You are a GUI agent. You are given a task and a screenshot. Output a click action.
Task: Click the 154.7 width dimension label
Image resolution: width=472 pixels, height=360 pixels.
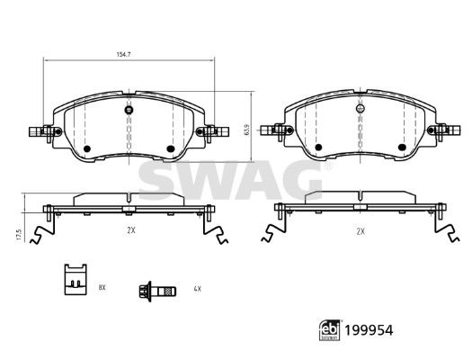coord(123,55)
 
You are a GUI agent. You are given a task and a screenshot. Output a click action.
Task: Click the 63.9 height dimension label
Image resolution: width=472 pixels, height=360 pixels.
coord(247,130)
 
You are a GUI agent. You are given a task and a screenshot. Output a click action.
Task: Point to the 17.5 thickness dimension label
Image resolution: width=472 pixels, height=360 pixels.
coord(20,234)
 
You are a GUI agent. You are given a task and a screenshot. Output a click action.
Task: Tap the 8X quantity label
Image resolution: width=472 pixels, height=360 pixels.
coord(102,287)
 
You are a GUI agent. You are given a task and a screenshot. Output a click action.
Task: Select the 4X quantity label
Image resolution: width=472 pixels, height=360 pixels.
coord(197,289)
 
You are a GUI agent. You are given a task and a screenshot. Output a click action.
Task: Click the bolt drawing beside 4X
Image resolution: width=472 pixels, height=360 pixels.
coord(157,291)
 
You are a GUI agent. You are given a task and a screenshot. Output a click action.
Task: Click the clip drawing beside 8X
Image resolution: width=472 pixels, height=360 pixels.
coord(76,279)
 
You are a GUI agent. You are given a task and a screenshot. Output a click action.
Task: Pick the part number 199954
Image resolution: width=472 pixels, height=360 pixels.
coord(369,330)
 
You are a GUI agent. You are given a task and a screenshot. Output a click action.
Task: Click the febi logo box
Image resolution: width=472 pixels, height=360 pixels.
coord(330,330)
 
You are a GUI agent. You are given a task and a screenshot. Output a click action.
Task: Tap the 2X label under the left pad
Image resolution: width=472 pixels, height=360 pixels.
coord(131,230)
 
